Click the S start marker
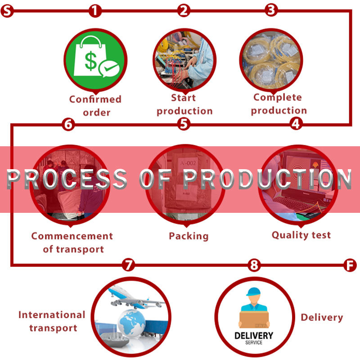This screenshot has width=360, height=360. tap(7, 11)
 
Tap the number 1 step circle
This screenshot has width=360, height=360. tap(95, 11)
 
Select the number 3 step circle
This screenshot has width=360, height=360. tap(271, 10)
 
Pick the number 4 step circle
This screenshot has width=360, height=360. tap(296, 124)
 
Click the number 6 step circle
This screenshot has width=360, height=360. tap(68, 125)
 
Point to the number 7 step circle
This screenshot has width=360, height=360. tap(128, 265)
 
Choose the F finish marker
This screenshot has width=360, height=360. tap(350, 265)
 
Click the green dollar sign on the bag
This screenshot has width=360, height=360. tap(91, 61)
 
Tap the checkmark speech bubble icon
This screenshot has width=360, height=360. tap(109, 68)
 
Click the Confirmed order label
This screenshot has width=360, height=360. tap(95, 106)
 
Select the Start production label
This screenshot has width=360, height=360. tap(184, 104)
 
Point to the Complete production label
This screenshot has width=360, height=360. tap(279, 104)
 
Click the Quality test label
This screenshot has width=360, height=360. tap(301, 235)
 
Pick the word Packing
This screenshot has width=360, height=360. tap(189, 236)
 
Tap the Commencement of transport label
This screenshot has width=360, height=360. tap(72, 243)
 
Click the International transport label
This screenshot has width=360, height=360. tap(52, 321)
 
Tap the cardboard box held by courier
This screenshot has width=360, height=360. tap(254, 319)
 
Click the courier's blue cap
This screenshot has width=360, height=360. tap(253, 292)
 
